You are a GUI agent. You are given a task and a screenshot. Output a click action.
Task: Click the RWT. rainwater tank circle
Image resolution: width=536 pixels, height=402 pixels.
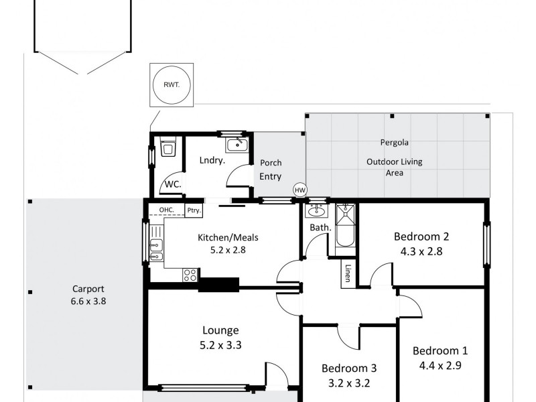172,85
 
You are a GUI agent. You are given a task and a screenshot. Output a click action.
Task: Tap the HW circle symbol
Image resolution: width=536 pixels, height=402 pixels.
299,190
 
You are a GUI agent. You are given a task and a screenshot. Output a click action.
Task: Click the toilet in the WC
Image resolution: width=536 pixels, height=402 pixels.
167,149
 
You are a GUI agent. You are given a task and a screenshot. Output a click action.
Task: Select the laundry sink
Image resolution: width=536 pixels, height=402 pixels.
236,145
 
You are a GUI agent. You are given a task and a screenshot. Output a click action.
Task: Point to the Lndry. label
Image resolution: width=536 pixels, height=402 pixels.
211,160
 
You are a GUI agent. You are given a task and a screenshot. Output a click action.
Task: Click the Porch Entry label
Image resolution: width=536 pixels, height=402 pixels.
271,169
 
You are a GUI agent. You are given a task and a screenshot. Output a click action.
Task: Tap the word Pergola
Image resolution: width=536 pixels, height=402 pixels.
394,142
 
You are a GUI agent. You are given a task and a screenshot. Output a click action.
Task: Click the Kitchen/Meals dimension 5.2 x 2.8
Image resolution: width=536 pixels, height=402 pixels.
228,250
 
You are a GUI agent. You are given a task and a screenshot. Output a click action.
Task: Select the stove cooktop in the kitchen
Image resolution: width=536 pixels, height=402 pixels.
190,274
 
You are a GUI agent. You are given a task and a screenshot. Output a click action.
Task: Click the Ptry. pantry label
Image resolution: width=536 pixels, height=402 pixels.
194,210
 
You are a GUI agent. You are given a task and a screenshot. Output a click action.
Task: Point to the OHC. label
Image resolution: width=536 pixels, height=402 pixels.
167,210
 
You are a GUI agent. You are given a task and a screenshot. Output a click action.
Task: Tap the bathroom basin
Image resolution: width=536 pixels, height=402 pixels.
316,212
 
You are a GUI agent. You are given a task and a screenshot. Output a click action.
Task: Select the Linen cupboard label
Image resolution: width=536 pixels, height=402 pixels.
348,274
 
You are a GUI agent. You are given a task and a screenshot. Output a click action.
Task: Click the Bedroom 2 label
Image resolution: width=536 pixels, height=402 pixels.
421,236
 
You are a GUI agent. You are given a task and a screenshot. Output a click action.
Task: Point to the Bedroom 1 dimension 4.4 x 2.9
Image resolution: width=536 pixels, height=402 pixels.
440,366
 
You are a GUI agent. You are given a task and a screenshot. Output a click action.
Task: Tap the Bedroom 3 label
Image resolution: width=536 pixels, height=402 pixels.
348,368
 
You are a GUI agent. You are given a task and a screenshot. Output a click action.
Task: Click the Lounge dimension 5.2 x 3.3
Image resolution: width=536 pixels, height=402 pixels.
221,346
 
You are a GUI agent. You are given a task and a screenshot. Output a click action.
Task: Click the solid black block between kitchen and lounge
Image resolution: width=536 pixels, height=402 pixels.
218,284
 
